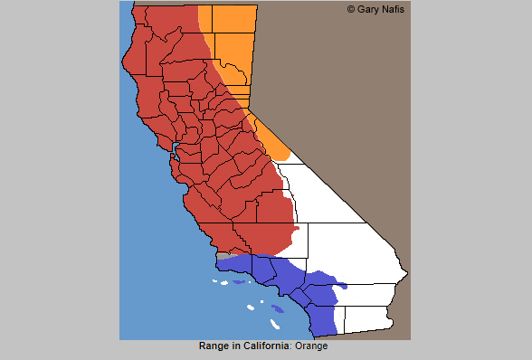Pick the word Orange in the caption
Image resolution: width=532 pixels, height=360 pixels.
click(x=309, y=346)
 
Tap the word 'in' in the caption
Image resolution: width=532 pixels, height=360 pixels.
click(x=236, y=346)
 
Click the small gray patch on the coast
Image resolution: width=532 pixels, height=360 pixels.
click(x=223, y=257)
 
